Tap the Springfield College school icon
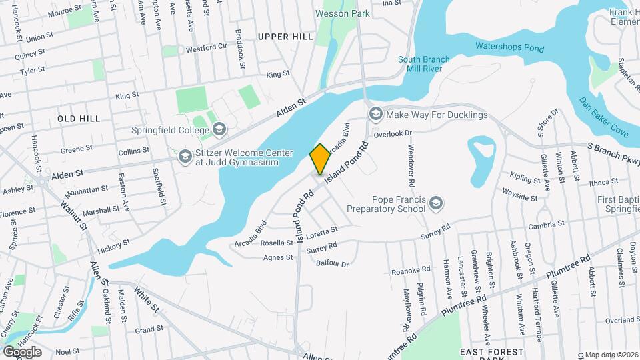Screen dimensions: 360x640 tap(220, 129)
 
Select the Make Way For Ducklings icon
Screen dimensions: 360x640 tap(375, 115)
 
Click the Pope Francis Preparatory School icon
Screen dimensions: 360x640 tap(436, 203)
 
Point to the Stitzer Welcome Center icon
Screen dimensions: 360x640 tap(184, 156)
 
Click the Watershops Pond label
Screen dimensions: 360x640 tap(509, 48)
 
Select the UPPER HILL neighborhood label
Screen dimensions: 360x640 tap(285, 37)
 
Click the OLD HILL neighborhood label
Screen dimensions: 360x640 tap(79, 119)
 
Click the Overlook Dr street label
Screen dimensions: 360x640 tap(394, 133)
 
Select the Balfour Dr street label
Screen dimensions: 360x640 tap(332, 264)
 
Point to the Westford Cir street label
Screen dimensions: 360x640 tap(207, 49)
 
